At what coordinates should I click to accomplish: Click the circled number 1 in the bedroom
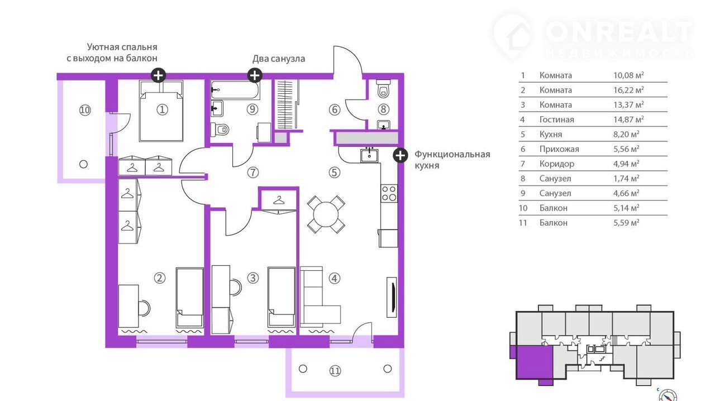pyautogui.click(x=162, y=110)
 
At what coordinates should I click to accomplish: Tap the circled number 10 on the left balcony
pyautogui.click(x=85, y=111)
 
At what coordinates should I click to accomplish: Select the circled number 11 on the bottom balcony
pyautogui.click(x=335, y=371)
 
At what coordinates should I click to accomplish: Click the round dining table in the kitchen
pyautogui.click(x=326, y=215)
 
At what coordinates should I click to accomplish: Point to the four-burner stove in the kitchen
pyautogui.click(x=389, y=193)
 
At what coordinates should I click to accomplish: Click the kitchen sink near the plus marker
pyautogui.click(x=369, y=155)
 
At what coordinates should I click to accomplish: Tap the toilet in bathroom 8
pyautogui.click(x=383, y=89)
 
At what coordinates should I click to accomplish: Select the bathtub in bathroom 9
pyautogui.click(x=235, y=90)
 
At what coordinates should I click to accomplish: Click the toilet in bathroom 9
pyautogui.click(x=220, y=130)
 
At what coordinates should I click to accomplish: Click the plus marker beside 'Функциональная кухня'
pyautogui.click(x=401, y=155)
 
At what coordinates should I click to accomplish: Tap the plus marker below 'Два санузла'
pyautogui.click(x=255, y=75)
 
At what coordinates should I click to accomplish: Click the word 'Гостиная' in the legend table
pyautogui.click(x=557, y=120)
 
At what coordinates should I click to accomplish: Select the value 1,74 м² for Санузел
pyautogui.click(x=626, y=179)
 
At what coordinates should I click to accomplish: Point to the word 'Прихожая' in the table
pyautogui.click(x=559, y=149)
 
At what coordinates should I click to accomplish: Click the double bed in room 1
pyautogui.click(x=161, y=111)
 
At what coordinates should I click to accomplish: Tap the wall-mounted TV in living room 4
pyautogui.click(x=392, y=297)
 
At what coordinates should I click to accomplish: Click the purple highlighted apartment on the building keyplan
pyautogui.click(x=535, y=362)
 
